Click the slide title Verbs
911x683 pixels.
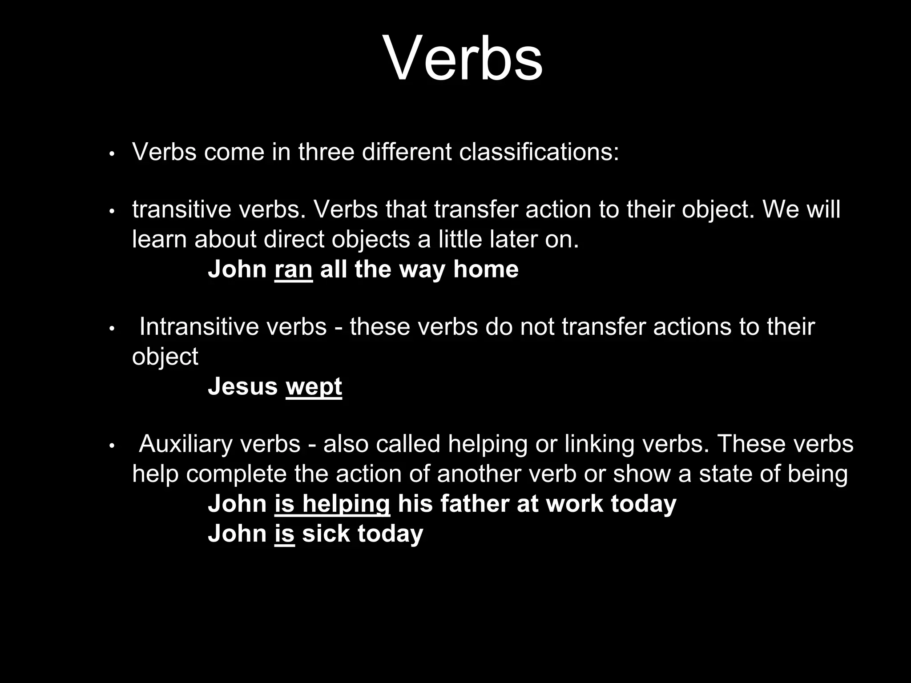click(462, 58)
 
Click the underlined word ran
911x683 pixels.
click(294, 269)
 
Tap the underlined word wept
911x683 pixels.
click(314, 386)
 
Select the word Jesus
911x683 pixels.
click(242, 386)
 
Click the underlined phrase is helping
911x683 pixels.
click(332, 504)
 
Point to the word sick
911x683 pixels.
click(326, 533)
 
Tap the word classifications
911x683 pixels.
click(539, 152)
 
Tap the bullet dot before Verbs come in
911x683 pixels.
click(112, 154)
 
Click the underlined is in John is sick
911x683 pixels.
click(285, 533)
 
